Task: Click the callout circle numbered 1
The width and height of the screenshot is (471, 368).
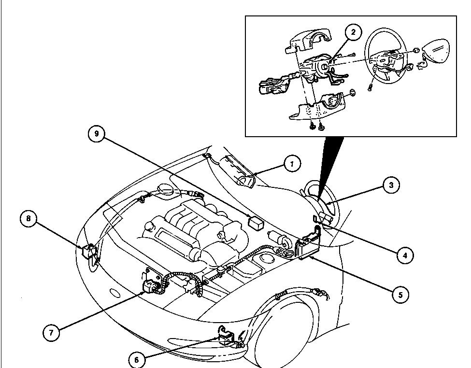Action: (292, 164)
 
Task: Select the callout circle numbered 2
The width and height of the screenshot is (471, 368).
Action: (353, 32)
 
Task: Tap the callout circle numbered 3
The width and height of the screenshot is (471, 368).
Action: (391, 184)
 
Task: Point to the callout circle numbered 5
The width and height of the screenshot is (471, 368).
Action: (400, 294)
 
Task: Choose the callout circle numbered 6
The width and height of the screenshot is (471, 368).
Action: (137, 359)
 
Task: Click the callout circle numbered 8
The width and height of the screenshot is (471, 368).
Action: (29, 219)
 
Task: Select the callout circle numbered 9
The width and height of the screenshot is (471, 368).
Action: (97, 133)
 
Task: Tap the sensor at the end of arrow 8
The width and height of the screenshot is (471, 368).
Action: (88, 252)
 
